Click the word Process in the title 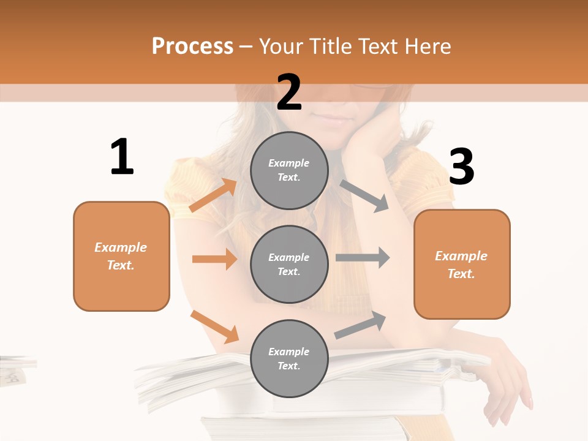pos(192,46)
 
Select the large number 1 pos(122,157)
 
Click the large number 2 pos(289,92)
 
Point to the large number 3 pos(461,167)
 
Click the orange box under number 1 pos(121,256)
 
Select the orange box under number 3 pos(462,264)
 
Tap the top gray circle pos(289,170)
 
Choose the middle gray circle pos(289,264)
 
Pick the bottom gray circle pos(289,358)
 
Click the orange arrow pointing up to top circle pos(213,195)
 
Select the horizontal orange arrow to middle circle pos(214,259)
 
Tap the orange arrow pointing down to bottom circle pos(214,326)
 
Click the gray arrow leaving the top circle pos(364,195)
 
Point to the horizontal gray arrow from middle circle pos(363,258)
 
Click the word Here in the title pos(428,46)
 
